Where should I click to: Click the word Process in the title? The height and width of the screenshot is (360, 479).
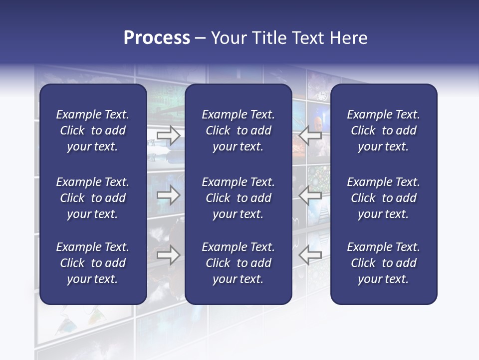pyautogui.click(x=157, y=38)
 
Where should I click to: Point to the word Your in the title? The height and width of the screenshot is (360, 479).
pyautogui.click(x=229, y=38)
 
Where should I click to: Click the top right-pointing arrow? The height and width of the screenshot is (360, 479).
pyautogui.click(x=168, y=135)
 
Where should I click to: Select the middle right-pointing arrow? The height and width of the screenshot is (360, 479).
pyautogui.click(x=168, y=195)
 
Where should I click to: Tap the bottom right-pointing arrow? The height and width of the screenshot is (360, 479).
pyautogui.click(x=168, y=255)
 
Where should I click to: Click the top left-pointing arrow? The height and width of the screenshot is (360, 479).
pyautogui.click(x=310, y=135)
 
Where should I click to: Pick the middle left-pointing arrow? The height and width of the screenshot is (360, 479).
pyautogui.click(x=310, y=195)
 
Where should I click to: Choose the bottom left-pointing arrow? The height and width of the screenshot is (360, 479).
pyautogui.click(x=310, y=255)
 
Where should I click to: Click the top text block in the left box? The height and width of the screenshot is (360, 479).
pyautogui.click(x=93, y=130)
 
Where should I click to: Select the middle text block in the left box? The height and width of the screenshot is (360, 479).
pyautogui.click(x=93, y=198)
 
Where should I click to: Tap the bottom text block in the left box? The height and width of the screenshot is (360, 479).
pyautogui.click(x=93, y=263)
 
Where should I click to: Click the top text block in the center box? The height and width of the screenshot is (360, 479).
pyautogui.click(x=238, y=130)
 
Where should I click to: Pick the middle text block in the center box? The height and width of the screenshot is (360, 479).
pyautogui.click(x=238, y=198)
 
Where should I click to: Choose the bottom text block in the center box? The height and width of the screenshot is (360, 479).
pyautogui.click(x=238, y=263)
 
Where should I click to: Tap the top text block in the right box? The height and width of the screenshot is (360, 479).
pyautogui.click(x=383, y=130)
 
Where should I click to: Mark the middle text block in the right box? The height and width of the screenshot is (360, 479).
pyautogui.click(x=383, y=198)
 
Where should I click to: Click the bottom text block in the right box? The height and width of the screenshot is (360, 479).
pyautogui.click(x=383, y=263)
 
